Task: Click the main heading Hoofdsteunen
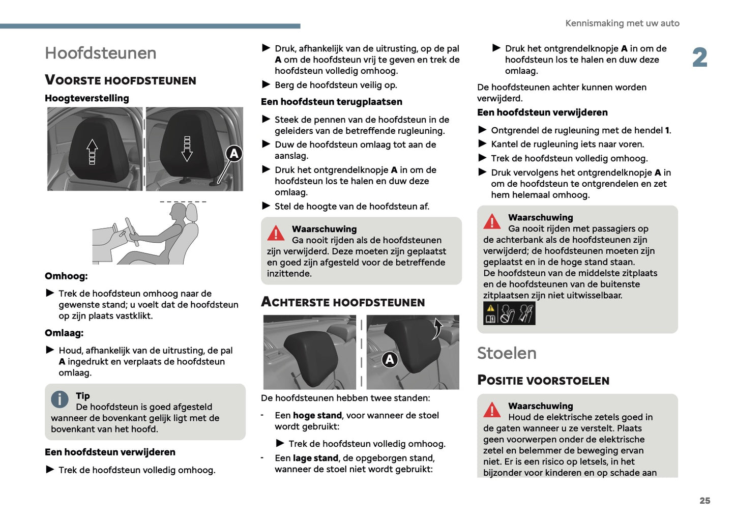point(100,53)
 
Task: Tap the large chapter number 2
point(699,57)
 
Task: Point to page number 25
point(704,501)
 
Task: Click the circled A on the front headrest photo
point(234,153)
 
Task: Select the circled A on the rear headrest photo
point(390,359)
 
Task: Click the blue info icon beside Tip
point(60,399)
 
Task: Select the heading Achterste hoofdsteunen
point(343,302)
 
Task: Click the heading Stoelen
point(507,353)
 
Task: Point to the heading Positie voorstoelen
point(543,381)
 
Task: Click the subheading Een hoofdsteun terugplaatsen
point(331,102)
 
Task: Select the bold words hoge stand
point(317,416)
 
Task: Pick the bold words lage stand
point(315,458)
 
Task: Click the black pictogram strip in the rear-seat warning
point(509,313)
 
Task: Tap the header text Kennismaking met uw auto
point(622,23)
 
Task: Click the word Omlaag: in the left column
point(64,333)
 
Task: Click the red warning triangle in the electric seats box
point(492,410)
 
